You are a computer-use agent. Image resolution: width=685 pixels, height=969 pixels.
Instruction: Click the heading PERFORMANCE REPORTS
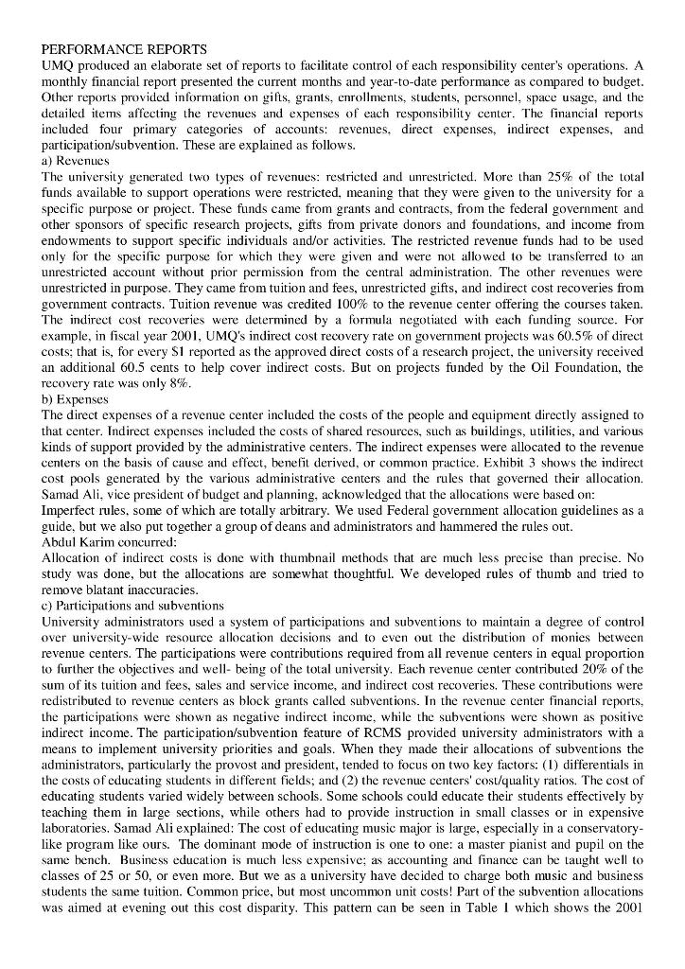point(124,48)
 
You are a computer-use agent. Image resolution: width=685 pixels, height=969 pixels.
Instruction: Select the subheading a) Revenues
point(76,161)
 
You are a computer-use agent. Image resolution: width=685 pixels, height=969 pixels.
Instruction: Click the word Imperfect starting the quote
point(71,511)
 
